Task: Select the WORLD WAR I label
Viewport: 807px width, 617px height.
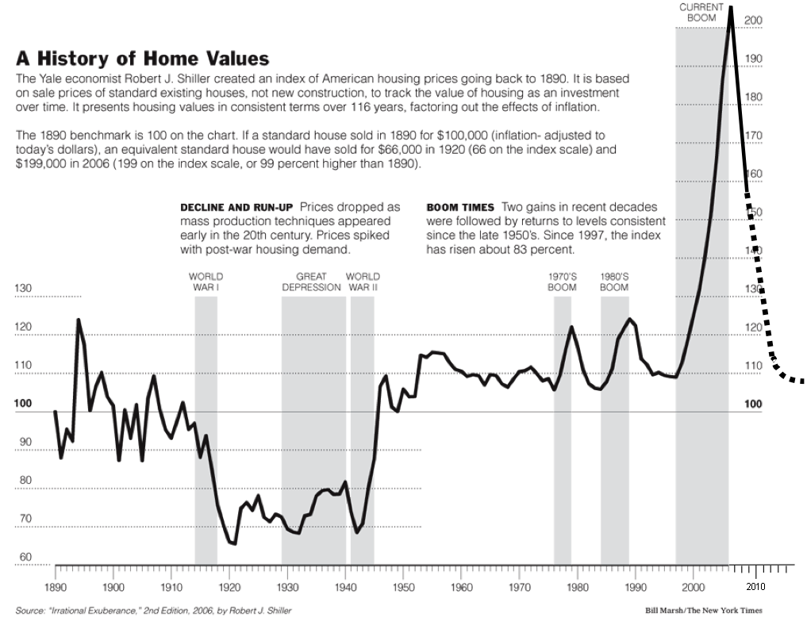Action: coord(206,282)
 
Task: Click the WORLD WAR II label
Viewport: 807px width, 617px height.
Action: coord(363,282)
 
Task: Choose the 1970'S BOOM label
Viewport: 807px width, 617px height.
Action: coord(562,282)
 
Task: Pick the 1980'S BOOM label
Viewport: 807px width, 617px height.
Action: coord(614,282)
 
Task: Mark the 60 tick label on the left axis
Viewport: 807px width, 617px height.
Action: coord(25,558)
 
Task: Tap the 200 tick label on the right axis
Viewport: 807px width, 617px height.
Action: coord(755,20)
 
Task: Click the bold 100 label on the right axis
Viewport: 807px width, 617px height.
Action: coord(754,404)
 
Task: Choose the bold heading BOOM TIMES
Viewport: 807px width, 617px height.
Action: coord(461,207)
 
